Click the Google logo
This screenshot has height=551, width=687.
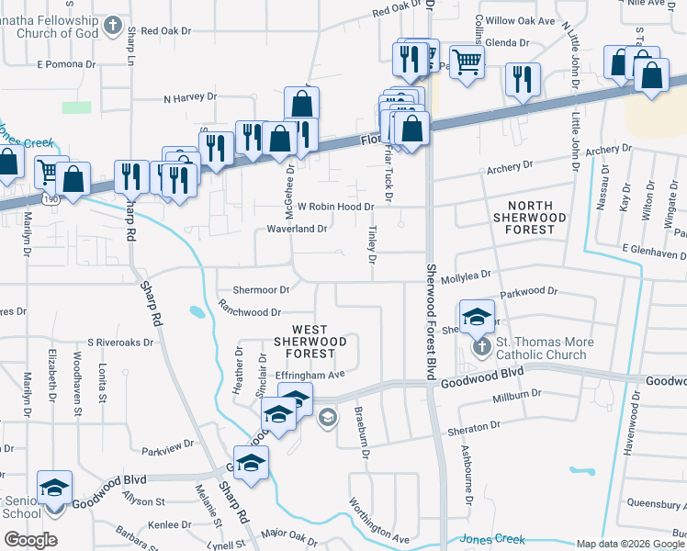(30, 539)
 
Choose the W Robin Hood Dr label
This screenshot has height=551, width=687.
(335, 208)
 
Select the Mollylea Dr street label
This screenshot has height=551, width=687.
(467, 274)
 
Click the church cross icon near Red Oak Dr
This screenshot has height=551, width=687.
(112, 25)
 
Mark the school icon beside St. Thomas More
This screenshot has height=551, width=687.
(477, 318)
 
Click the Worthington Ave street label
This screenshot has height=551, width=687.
(377, 521)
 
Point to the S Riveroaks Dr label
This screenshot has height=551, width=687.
(120, 342)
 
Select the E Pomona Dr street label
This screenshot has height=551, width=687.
(66, 64)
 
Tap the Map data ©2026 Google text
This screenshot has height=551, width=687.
(630, 544)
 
